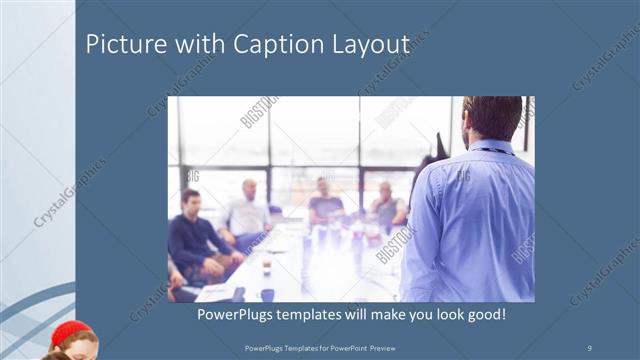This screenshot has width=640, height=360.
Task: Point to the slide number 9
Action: [x=590, y=347]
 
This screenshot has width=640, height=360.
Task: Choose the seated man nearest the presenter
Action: [x=388, y=207]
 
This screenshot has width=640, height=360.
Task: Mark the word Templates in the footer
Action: [x=291, y=347]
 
